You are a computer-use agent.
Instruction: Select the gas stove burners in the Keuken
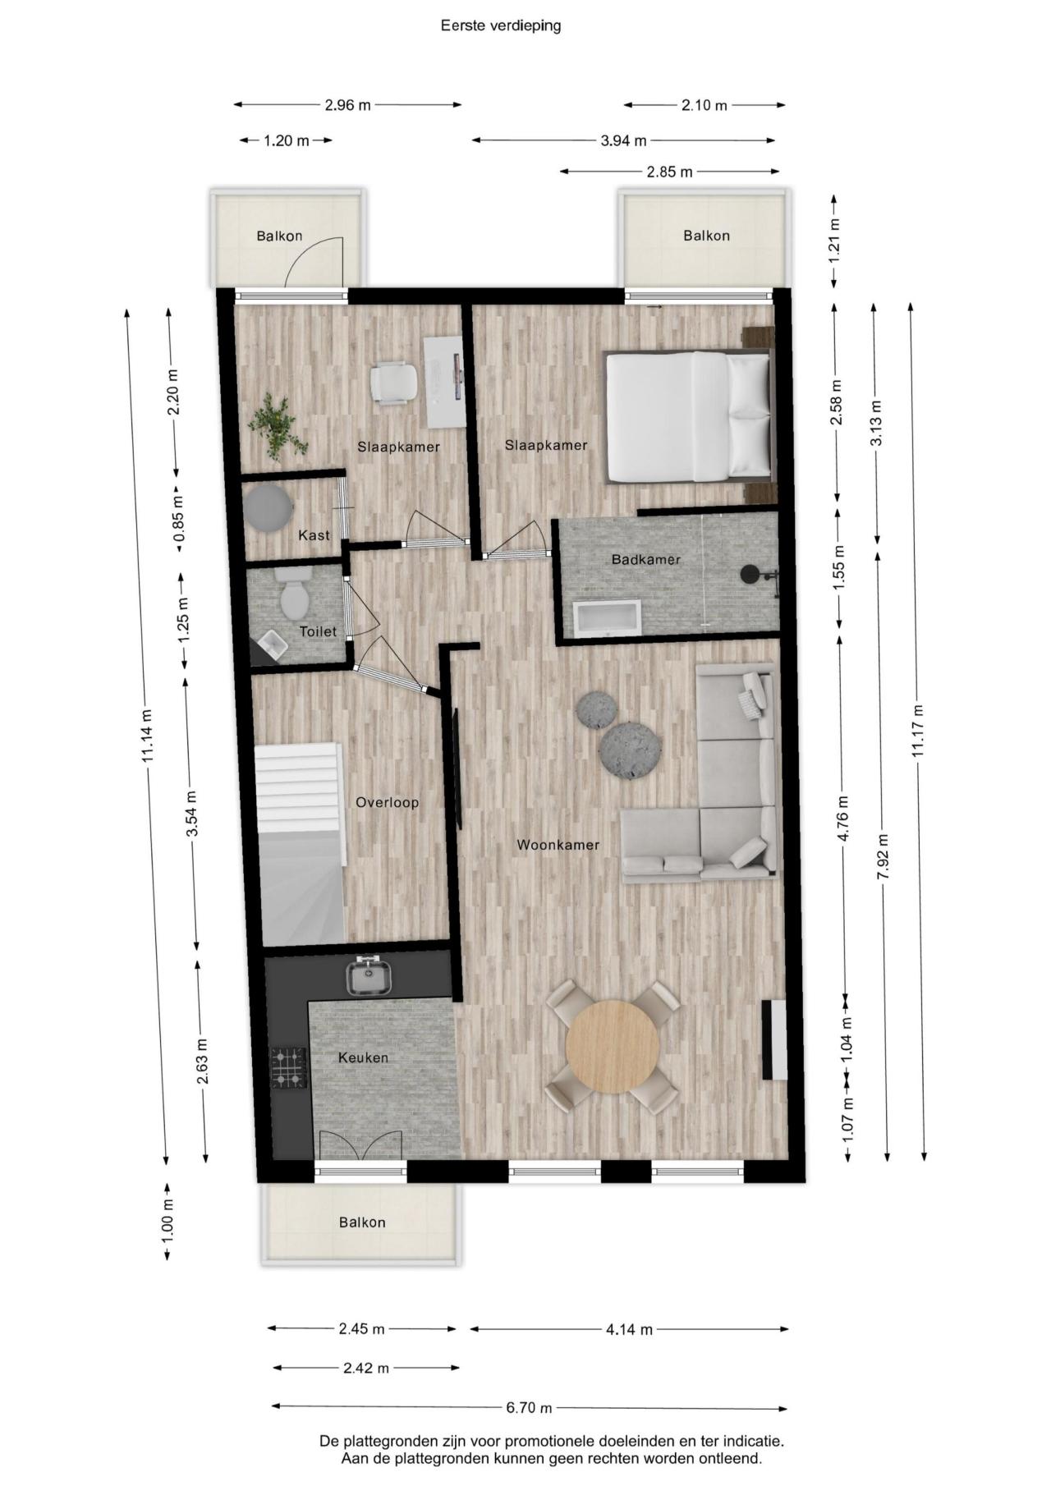[288, 1068]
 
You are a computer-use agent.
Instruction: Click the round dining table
[613, 1045]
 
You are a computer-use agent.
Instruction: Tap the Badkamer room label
[646, 560]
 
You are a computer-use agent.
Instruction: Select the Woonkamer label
[558, 845]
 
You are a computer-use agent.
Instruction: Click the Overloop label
[387, 803]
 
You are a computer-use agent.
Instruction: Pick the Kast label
[314, 535]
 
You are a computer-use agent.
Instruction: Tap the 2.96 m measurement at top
[347, 105]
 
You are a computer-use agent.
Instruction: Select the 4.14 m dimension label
[630, 1329]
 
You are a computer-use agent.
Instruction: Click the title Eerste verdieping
[501, 25]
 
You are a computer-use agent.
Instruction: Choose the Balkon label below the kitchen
[362, 1222]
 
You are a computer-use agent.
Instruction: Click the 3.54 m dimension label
[191, 814]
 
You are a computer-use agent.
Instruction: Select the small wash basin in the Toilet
[271, 647]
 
